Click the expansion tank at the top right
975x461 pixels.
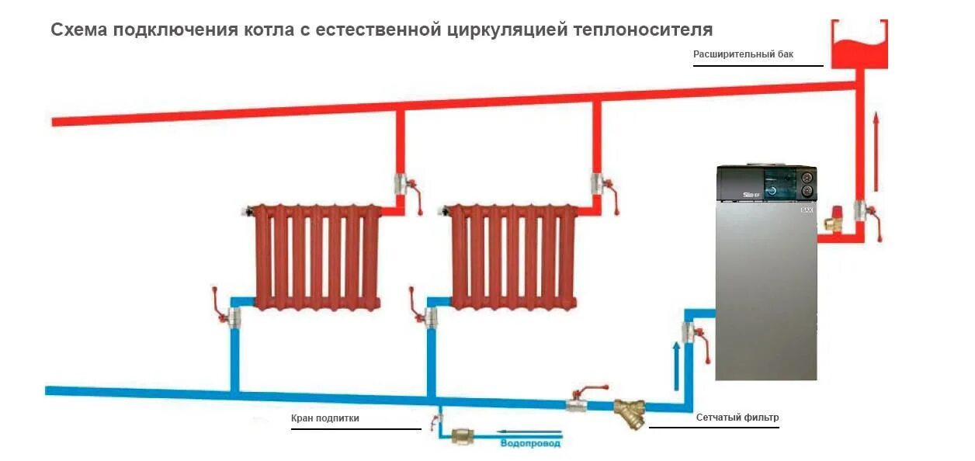click(859, 45)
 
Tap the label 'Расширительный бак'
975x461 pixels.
click(743, 54)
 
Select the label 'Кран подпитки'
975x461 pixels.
click(325, 418)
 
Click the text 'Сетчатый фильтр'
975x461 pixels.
click(737, 418)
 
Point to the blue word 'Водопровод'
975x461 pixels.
click(530, 444)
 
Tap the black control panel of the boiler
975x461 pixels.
click(765, 185)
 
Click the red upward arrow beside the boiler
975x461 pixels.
click(876, 151)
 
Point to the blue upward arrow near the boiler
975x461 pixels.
click(676, 366)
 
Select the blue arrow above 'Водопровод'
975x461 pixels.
click(529, 432)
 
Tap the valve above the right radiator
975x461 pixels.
click(599, 185)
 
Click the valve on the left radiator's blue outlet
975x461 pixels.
click(231, 314)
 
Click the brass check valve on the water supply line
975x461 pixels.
click(463, 436)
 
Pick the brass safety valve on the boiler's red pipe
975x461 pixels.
click(834, 219)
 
